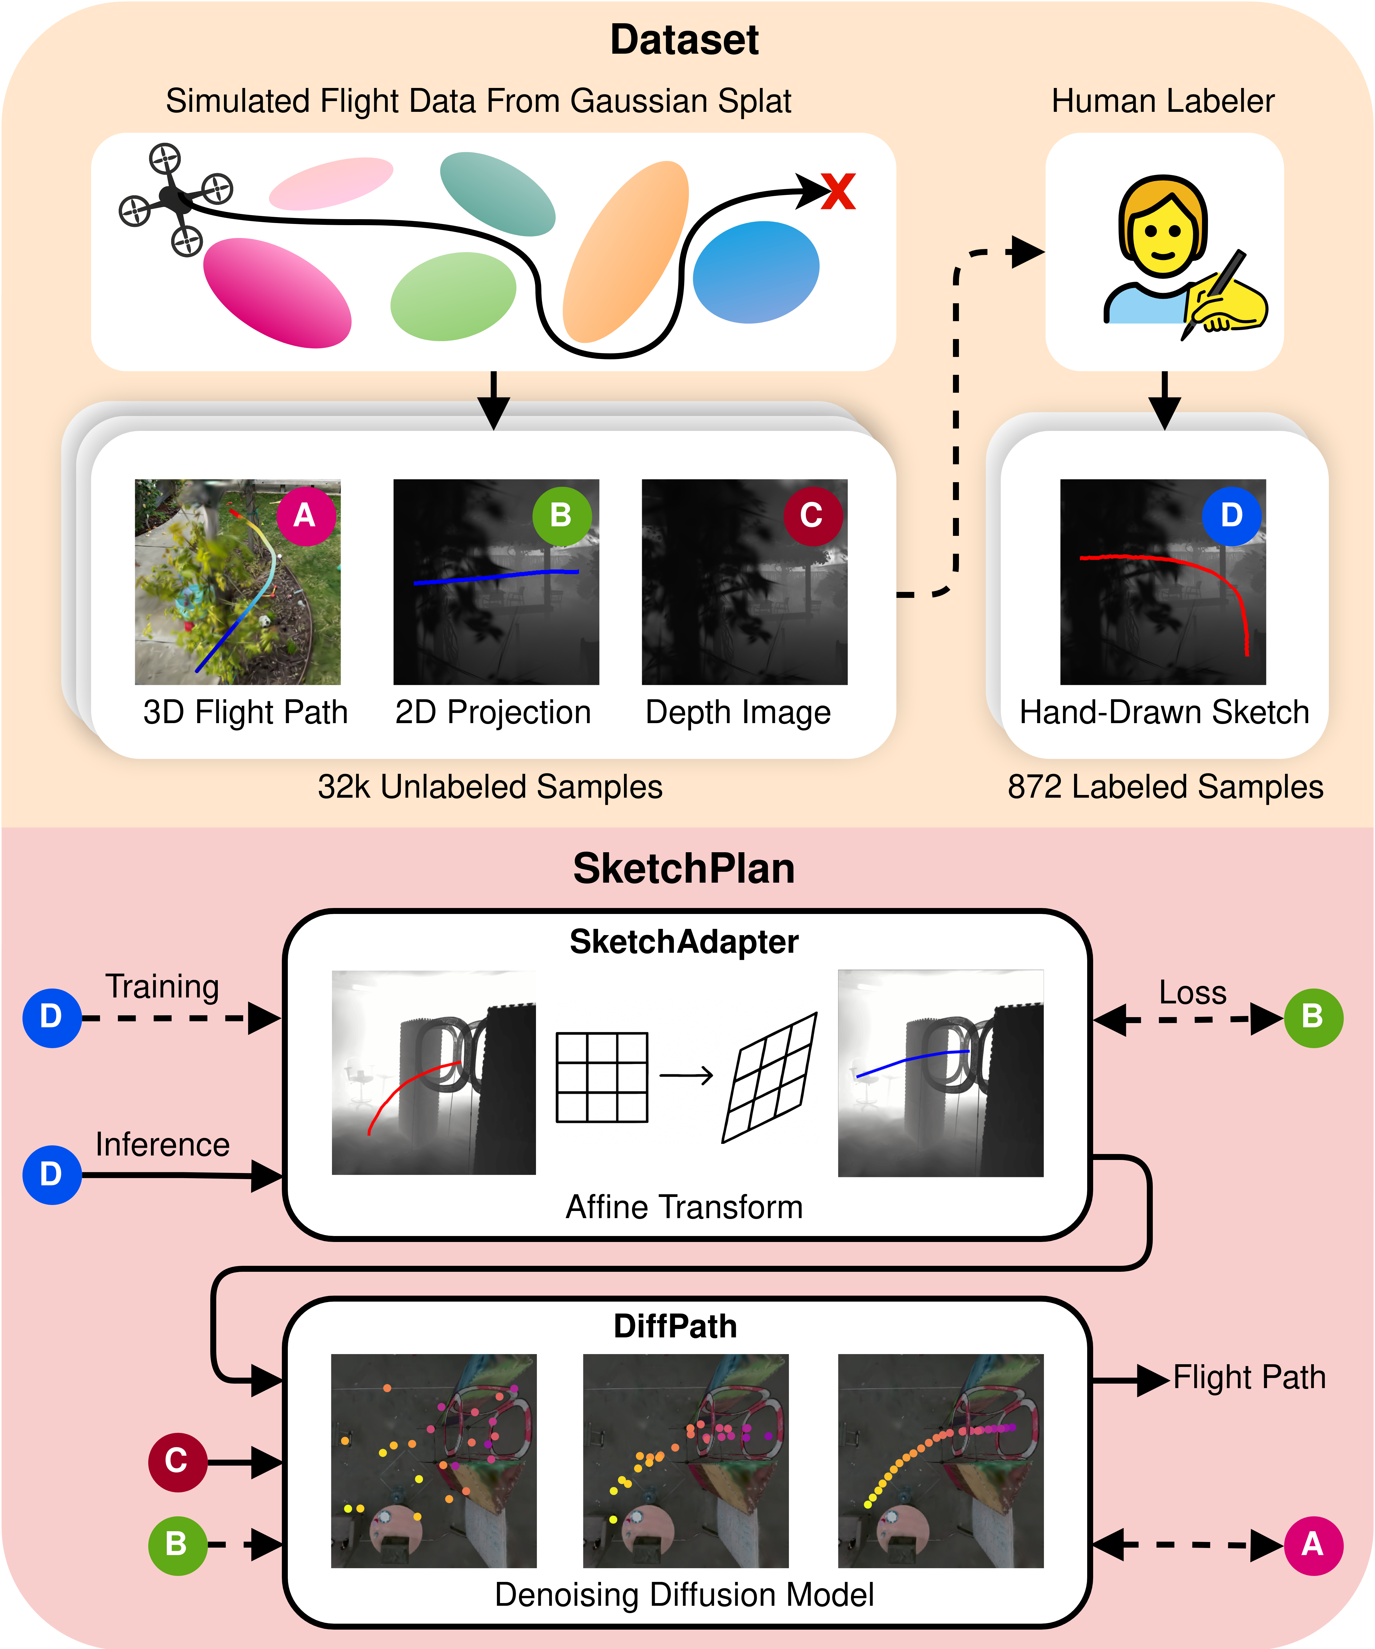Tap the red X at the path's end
point(838,192)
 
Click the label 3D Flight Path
point(245,712)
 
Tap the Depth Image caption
point(737,712)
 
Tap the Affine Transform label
point(684,1207)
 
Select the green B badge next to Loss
point(1313,1018)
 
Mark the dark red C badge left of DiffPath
point(177,1461)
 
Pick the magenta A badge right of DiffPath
point(1313,1545)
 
